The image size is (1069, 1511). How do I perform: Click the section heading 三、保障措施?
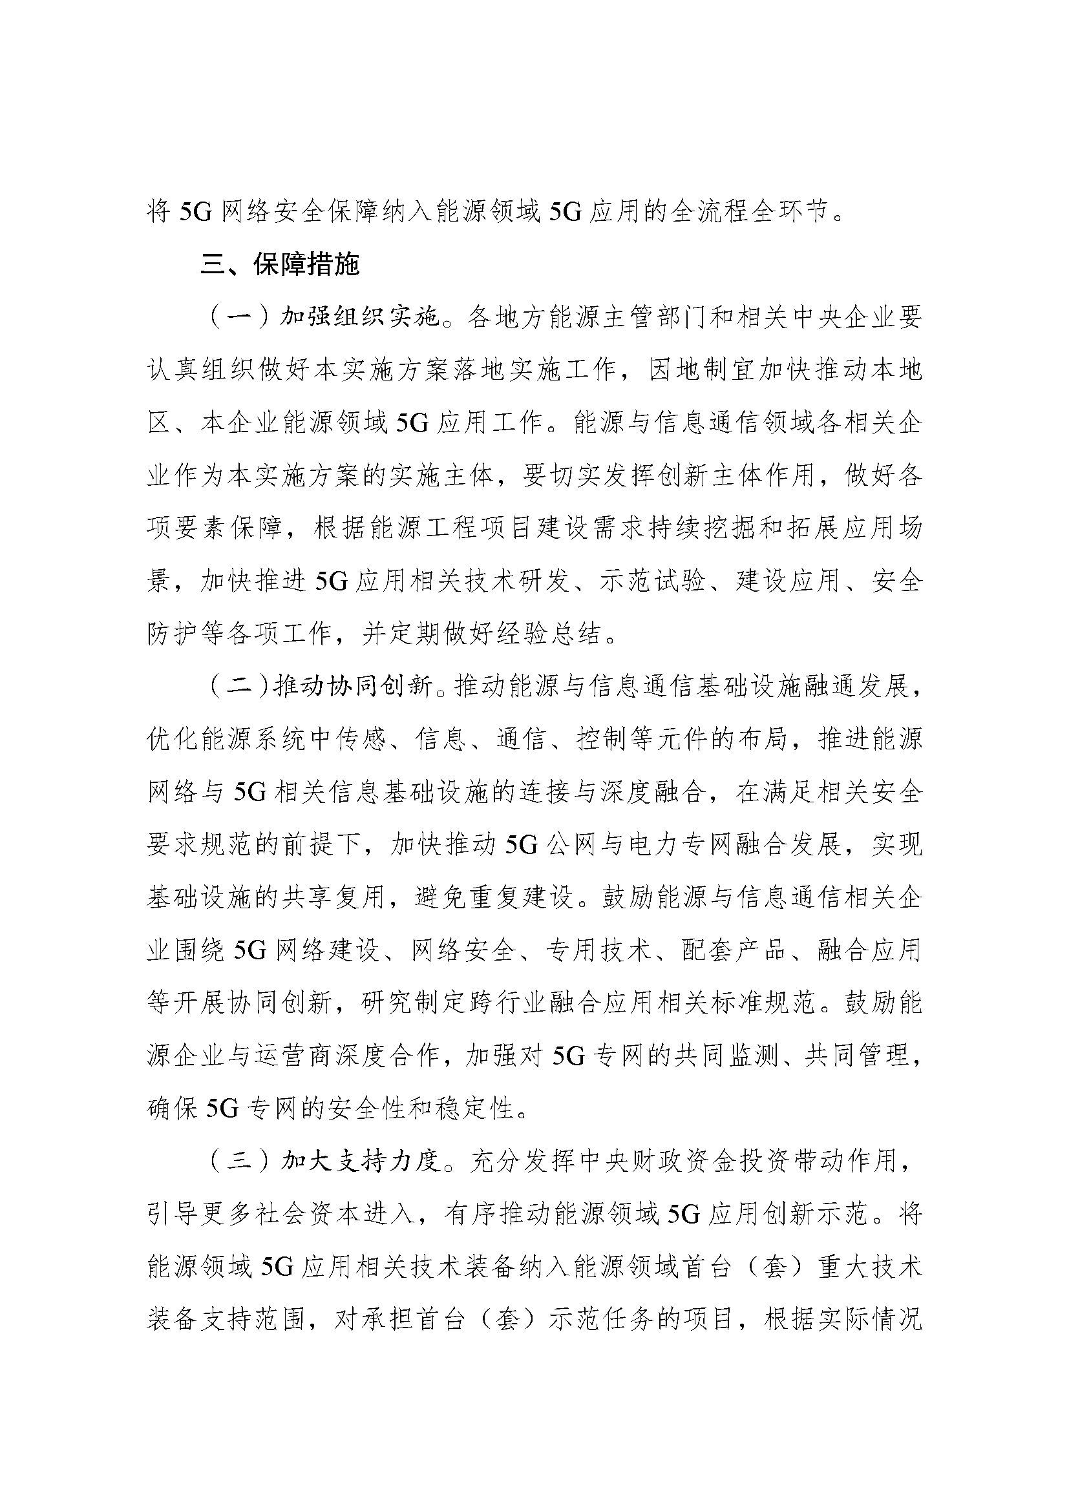(x=280, y=265)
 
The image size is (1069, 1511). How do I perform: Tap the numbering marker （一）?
(x=240, y=317)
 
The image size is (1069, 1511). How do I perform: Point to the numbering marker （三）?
(x=240, y=1160)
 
